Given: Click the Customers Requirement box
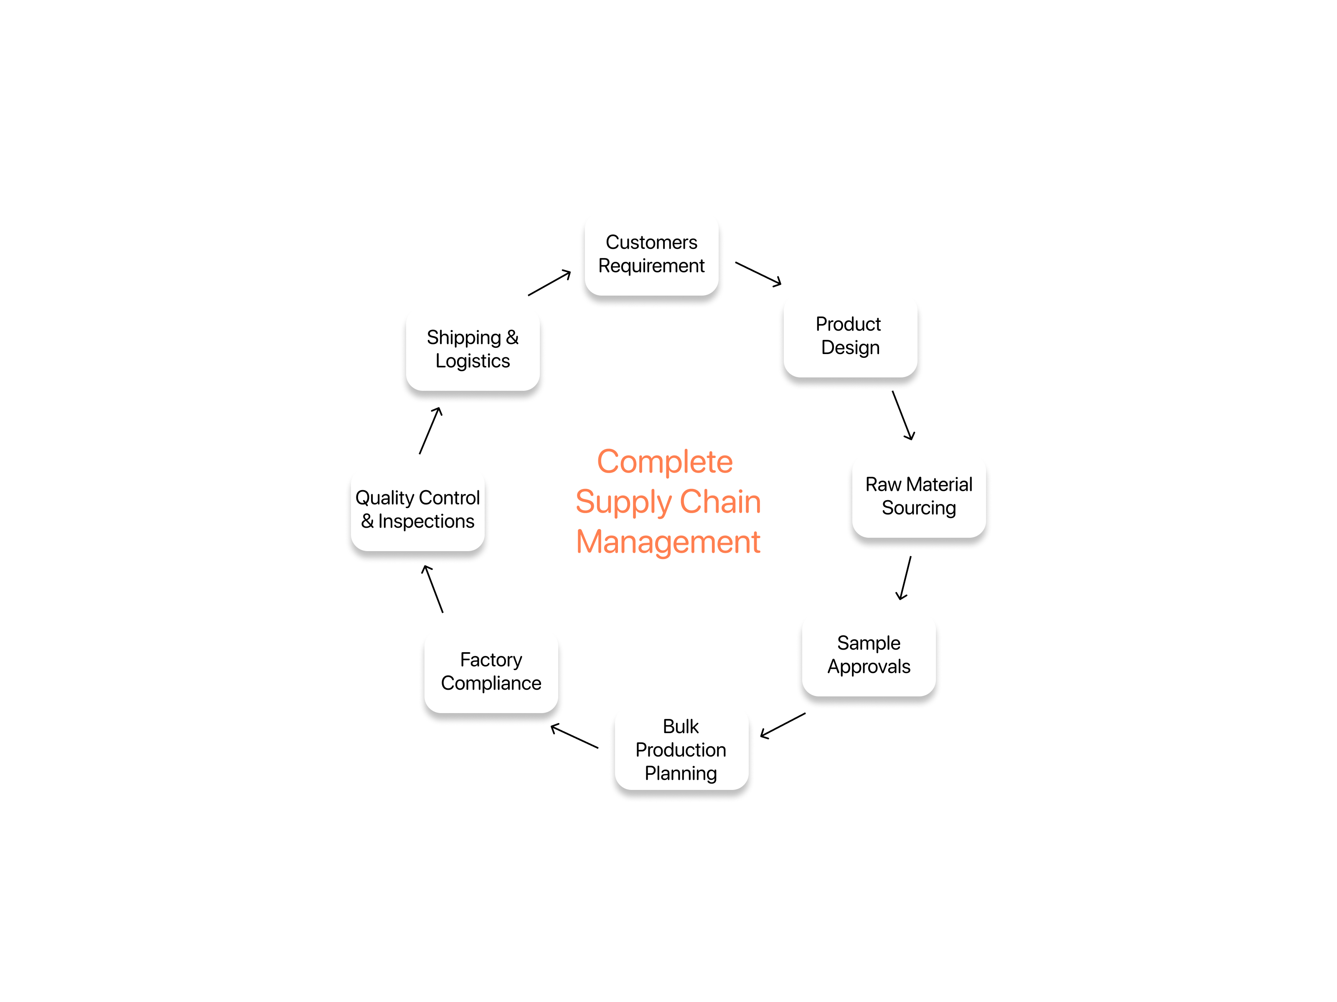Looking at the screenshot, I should click(x=651, y=254).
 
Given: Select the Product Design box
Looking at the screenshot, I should click(x=850, y=337).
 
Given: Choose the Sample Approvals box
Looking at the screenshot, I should click(x=869, y=655).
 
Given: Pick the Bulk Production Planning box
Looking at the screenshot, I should click(x=681, y=750).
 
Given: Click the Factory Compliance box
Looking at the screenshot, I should click(x=491, y=672).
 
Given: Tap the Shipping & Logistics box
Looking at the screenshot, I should click(x=473, y=350).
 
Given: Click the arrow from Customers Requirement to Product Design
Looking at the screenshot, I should click(x=758, y=273).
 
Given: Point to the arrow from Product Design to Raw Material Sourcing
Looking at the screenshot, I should click(x=903, y=415).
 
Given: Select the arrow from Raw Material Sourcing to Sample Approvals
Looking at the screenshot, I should click(x=905, y=578).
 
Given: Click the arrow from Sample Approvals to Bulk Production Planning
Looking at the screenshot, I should click(x=783, y=725).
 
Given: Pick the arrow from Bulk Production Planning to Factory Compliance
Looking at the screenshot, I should click(x=574, y=736).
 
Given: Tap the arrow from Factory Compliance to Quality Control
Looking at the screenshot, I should click(x=433, y=589).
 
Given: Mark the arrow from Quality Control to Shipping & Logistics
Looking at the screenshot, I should click(x=430, y=430).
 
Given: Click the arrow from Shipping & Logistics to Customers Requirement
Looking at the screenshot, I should click(x=549, y=283).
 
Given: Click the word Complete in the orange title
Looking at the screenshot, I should click(x=665, y=463).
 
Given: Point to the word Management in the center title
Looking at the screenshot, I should click(x=668, y=542).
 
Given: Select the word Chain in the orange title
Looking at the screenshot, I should click(x=720, y=502).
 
